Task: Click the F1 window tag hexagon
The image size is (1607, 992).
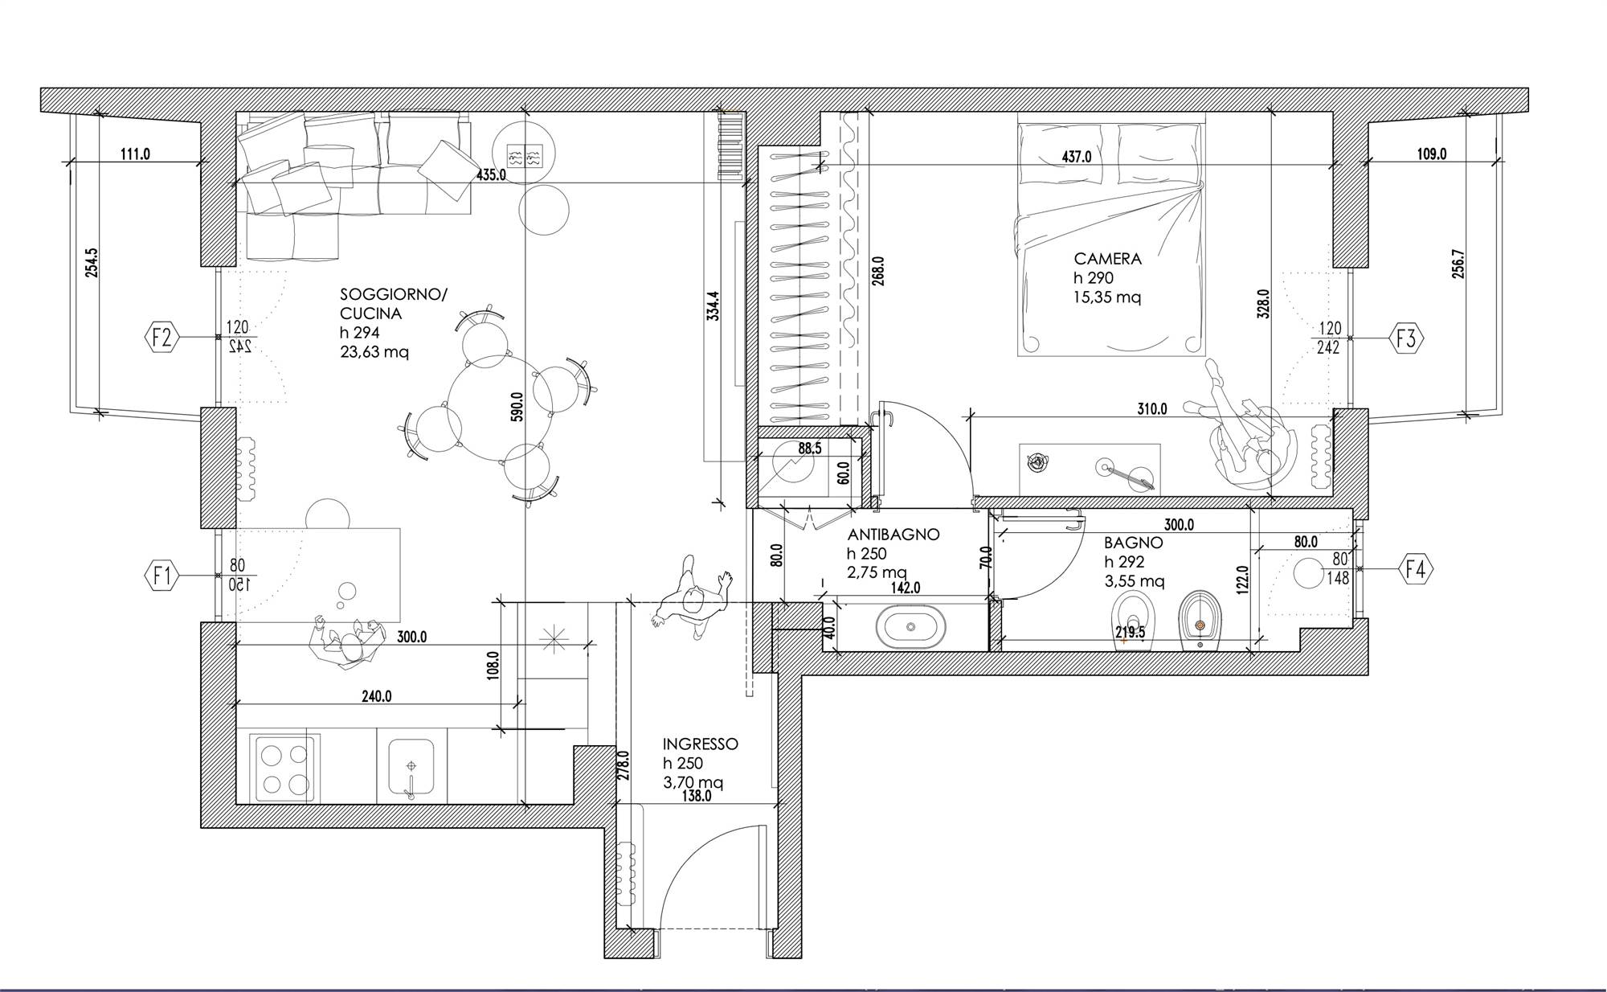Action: click(x=162, y=576)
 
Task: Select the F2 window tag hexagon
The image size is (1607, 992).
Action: click(x=162, y=337)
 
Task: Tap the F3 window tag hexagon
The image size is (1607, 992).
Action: click(x=1406, y=338)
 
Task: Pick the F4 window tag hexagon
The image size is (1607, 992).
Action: click(x=1417, y=569)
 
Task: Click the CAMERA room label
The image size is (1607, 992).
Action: click(x=1108, y=259)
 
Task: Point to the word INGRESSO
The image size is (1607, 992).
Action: click(x=701, y=744)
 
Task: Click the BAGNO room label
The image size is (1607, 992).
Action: click(x=1133, y=543)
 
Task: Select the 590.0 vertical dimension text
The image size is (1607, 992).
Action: click(x=517, y=407)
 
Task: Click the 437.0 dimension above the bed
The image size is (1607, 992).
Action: click(x=1077, y=158)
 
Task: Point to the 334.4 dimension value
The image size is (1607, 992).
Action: click(x=713, y=306)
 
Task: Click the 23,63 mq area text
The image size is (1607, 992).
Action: click(x=374, y=352)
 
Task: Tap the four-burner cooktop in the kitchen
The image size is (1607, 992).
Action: click(x=284, y=769)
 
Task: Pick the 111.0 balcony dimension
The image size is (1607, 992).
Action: click(x=135, y=154)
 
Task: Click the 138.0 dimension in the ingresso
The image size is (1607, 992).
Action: click(x=696, y=797)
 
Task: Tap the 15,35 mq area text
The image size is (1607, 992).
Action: click(x=1107, y=297)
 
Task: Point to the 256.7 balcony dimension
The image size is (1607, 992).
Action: click(x=1458, y=264)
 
